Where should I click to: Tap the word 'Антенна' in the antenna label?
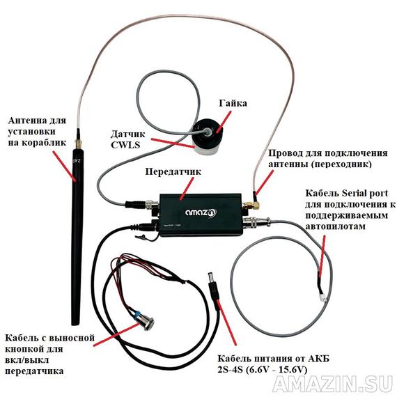[x=28, y=118]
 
